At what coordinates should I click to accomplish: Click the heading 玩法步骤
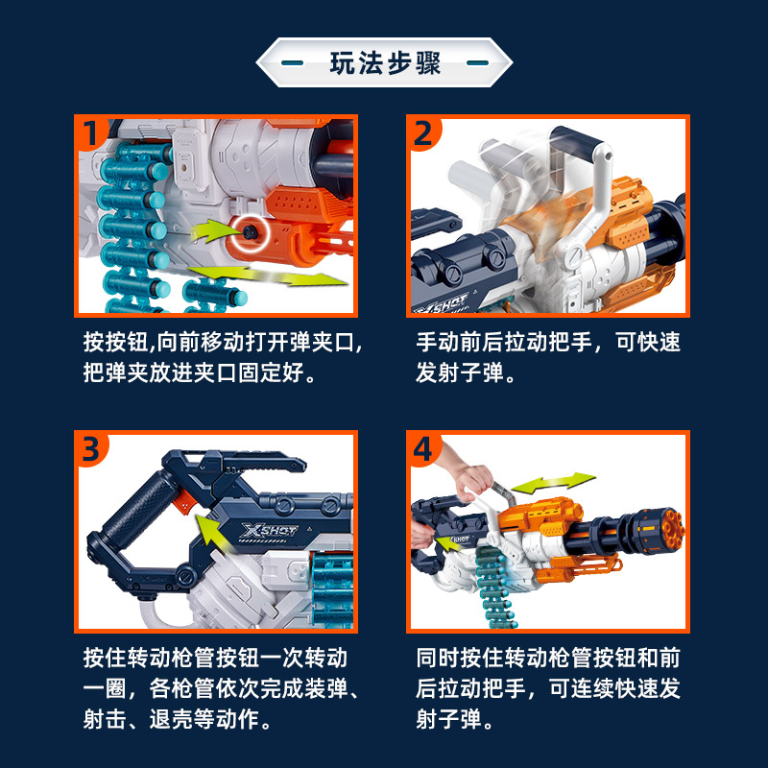385,62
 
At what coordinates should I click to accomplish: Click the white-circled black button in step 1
251,232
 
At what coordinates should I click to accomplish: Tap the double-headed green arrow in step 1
267,276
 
